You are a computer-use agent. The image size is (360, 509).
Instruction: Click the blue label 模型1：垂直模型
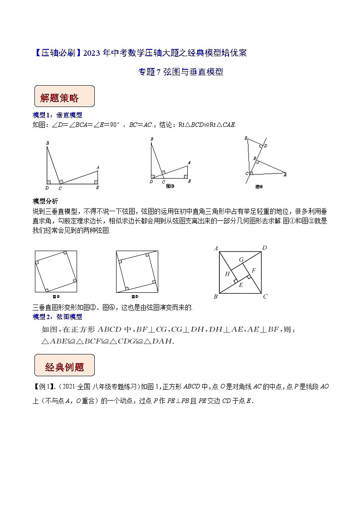(58, 115)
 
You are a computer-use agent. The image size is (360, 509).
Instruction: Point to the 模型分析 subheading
(45, 201)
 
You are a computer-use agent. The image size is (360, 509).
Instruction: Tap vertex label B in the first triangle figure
(47, 144)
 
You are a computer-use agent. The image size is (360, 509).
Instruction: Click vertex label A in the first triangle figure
(97, 168)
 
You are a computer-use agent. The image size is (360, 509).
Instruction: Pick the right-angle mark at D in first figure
(49, 182)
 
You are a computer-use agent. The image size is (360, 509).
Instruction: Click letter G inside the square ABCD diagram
(241, 259)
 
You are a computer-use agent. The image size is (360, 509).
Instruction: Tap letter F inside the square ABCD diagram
(254, 271)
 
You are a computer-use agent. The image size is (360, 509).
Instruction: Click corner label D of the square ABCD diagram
(264, 247)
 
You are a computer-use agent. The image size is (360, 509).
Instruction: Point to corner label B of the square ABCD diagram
(215, 297)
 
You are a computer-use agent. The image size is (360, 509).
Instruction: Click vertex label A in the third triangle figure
(285, 174)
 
